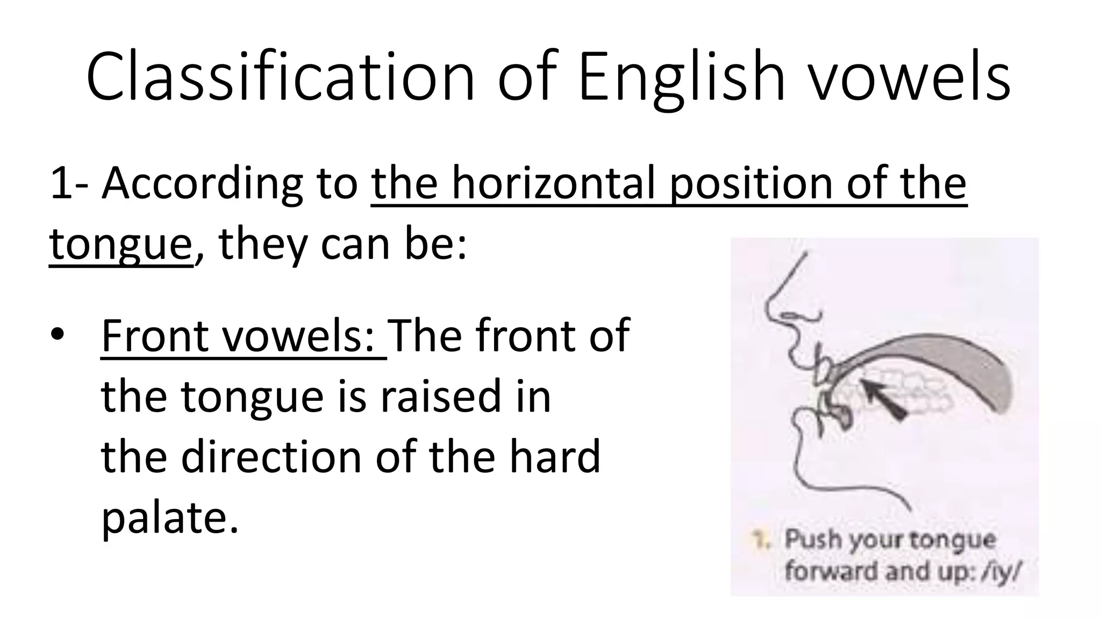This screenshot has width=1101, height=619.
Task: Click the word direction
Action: coord(271,457)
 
